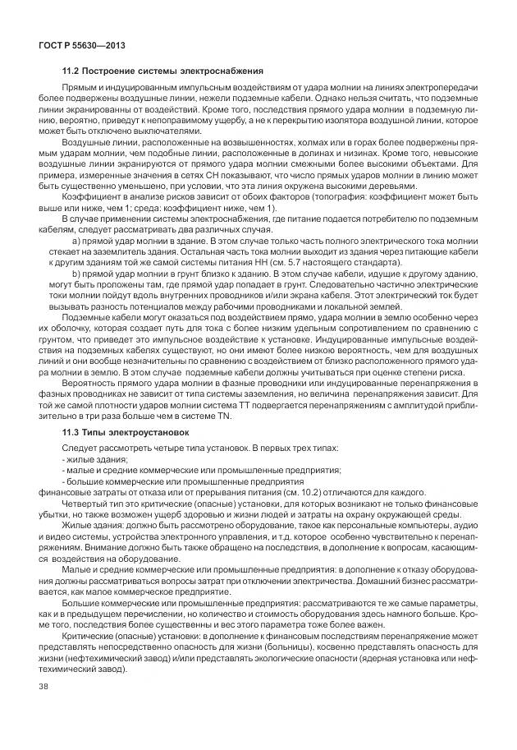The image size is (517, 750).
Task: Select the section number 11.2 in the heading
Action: pos(72,71)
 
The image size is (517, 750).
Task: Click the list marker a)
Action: pos(77,241)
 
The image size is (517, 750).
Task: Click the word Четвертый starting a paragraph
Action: pos(84,502)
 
